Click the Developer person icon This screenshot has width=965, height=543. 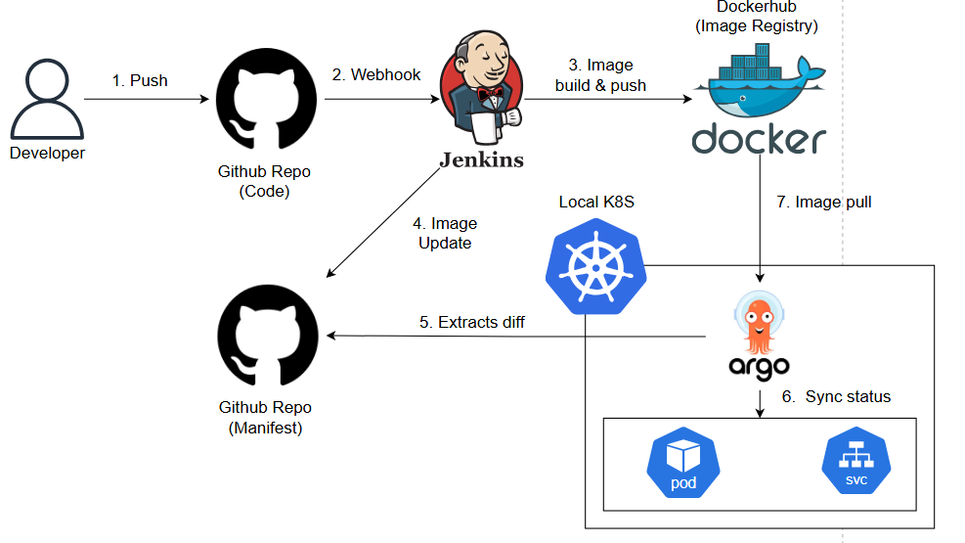click(x=47, y=99)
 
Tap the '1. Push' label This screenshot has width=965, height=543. click(x=140, y=80)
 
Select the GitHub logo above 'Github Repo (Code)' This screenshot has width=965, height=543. click(x=267, y=99)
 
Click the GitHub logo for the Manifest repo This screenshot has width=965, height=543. click(x=268, y=335)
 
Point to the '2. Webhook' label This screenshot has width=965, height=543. click(x=376, y=74)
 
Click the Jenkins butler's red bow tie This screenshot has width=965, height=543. click(x=491, y=94)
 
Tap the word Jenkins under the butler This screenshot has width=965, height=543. click(x=482, y=160)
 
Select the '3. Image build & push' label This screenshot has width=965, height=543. click(x=600, y=75)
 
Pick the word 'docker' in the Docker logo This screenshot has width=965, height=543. click(x=759, y=139)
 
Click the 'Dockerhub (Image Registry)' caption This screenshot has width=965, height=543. click(x=757, y=17)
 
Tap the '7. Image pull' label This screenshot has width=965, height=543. click(x=824, y=202)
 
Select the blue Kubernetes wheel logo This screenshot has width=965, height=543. click(x=595, y=266)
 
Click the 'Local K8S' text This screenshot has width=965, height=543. click(x=596, y=202)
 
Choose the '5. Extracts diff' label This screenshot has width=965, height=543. click(x=472, y=322)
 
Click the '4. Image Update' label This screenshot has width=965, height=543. click(x=445, y=233)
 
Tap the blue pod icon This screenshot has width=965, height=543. click(x=683, y=463)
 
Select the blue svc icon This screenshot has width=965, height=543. click(x=856, y=461)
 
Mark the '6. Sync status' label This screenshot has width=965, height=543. click(x=836, y=396)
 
